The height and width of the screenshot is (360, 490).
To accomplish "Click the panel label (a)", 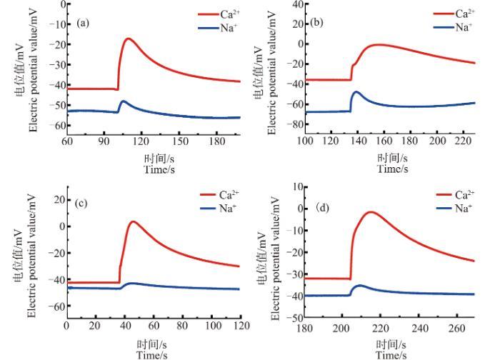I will point(83,23).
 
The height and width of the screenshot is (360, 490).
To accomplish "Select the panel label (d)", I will point(323,208).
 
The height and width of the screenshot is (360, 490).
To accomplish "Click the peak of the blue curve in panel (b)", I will point(356,92).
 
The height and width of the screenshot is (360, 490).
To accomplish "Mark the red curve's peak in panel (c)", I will point(133,221).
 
